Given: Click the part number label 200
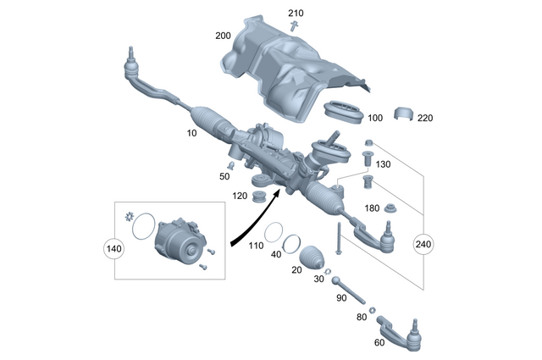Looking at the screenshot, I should click(223, 36).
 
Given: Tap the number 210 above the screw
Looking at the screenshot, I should click(295, 14).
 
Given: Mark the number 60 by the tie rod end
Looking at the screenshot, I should click(379, 343).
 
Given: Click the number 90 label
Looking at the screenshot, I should click(342, 298).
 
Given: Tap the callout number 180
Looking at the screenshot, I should click(371, 208).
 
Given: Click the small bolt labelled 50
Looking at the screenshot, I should click(229, 163).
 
